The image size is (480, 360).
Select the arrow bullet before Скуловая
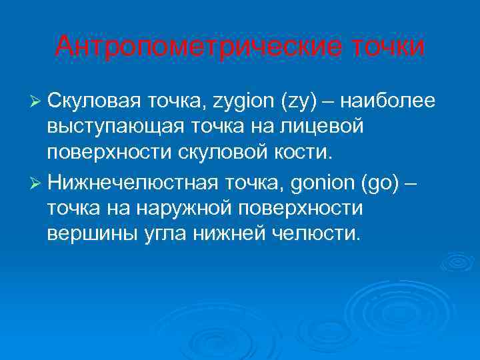[x=37, y=101]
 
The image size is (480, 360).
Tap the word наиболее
[x=390, y=101]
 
